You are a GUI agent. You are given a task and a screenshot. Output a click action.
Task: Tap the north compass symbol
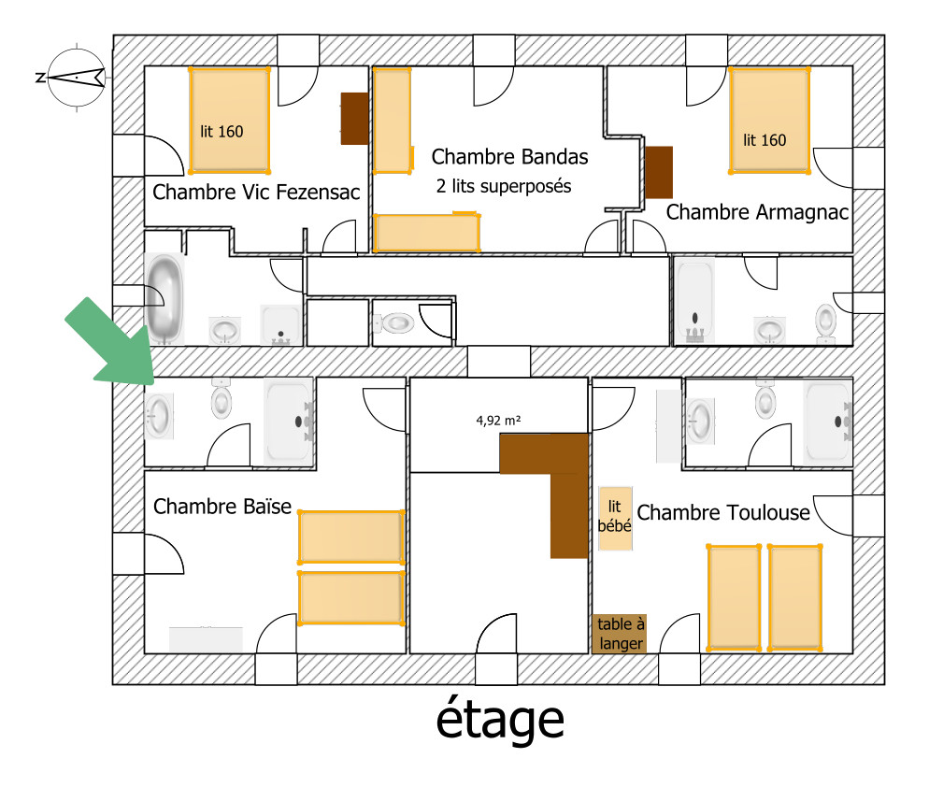coord(76,77)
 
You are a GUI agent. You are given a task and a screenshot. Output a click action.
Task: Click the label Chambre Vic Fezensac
coord(256,192)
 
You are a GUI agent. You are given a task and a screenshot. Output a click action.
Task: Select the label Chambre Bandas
coord(509,156)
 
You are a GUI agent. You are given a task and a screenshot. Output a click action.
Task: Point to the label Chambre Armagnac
coord(757,212)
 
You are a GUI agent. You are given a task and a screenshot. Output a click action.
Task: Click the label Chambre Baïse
coord(222,506)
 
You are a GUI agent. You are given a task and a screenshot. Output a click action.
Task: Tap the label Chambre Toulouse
coord(723,512)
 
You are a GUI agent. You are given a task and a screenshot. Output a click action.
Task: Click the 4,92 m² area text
coord(498,421)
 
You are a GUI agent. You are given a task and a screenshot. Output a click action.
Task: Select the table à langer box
coord(619,634)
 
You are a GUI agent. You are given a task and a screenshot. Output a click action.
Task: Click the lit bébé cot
coord(615,519)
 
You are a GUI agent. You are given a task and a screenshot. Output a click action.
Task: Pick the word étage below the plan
coord(500,720)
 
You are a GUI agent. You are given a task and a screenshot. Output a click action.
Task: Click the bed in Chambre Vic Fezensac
coord(229,121)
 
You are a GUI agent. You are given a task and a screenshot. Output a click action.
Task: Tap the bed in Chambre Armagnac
coord(769,121)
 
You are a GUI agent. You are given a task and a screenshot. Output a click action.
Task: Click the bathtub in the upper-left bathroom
coord(164,299)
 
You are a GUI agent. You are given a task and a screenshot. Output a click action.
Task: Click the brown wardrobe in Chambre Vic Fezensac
coord(354,119)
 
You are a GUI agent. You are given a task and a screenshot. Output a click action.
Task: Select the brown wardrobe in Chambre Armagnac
coord(659,173)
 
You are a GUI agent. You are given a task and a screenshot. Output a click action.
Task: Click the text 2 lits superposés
coord(504,186)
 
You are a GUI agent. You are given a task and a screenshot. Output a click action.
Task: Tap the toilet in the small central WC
coord(394,323)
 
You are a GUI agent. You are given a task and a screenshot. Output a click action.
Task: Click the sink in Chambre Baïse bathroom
coord(160,416)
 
